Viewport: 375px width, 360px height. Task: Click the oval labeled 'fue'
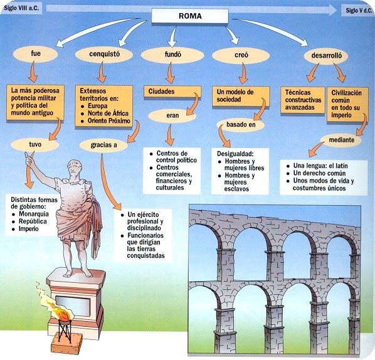(x=35, y=55)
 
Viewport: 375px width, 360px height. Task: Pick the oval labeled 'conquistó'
(x=99, y=55)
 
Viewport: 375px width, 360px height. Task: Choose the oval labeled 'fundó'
(x=161, y=55)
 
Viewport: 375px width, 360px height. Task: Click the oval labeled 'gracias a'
(x=102, y=145)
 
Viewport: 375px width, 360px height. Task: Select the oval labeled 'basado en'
(x=241, y=124)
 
